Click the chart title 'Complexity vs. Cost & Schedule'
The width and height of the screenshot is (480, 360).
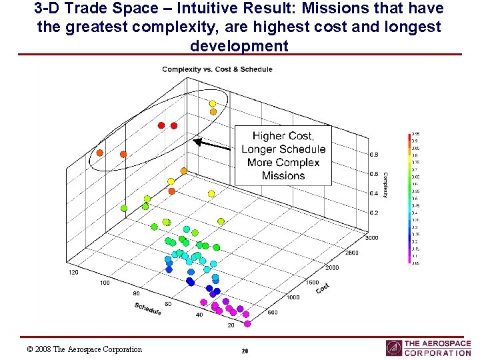click(x=217, y=69)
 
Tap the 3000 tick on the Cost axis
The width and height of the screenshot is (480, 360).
click(x=371, y=238)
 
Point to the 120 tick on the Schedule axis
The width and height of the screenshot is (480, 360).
click(x=73, y=273)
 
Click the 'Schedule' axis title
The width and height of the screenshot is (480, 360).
click(x=148, y=309)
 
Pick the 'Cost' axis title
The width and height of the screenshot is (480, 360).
click(x=323, y=287)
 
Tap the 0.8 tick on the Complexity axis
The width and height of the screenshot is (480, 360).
click(x=374, y=155)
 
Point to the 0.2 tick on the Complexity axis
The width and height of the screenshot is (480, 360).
click(x=374, y=213)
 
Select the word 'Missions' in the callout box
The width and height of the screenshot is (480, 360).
click(x=283, y=176)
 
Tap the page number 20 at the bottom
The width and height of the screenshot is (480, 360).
click(x=245, y=351)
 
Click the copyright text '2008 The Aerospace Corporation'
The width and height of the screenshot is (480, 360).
click(x=88, y=349)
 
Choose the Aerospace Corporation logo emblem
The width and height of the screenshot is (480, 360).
click(x=394, y=348)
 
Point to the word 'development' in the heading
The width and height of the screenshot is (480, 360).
click(x=239, y=46)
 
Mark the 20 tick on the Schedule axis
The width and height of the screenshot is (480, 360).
click(x=231, y=325)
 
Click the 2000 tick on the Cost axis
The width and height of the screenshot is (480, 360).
click(x=332, y=267)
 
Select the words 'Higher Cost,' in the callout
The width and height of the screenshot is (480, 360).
click(x=283, y=136)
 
